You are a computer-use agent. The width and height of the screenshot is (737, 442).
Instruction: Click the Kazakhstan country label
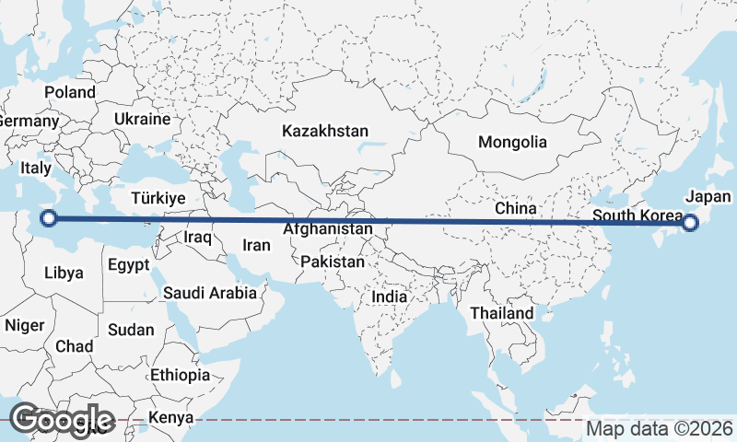(325, 131)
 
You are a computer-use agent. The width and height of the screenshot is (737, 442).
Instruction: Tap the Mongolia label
(512, 142)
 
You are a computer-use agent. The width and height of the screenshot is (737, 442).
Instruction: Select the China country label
(515, 208)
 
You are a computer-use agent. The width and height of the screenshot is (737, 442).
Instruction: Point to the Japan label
(708, 196)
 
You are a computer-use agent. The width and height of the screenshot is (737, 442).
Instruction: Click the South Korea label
(637, 216)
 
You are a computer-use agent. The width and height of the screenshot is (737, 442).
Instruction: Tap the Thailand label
(501, 313)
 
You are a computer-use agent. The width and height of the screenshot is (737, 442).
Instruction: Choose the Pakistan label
(333, 262)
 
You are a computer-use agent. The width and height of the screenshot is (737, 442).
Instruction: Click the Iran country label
(256, 245)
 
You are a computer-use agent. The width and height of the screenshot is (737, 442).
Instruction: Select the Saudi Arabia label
(209, 294)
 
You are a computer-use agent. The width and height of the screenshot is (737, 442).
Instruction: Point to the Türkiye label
(158, 198)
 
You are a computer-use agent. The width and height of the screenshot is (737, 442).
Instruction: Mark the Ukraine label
(143, 119)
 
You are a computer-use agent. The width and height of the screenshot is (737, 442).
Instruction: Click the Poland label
(70, 92)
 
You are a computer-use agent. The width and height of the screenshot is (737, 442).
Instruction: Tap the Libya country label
(64, 273)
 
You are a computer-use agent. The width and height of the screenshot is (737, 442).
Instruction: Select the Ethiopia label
(181, 375)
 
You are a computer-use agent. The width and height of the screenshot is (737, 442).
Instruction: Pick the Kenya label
(170, 417)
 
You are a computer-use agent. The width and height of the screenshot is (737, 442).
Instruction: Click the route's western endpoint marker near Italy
(50, 218)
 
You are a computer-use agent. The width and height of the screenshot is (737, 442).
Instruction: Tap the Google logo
(61, 420)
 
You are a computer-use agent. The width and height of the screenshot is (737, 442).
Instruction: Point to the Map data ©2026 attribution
(660, 428)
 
